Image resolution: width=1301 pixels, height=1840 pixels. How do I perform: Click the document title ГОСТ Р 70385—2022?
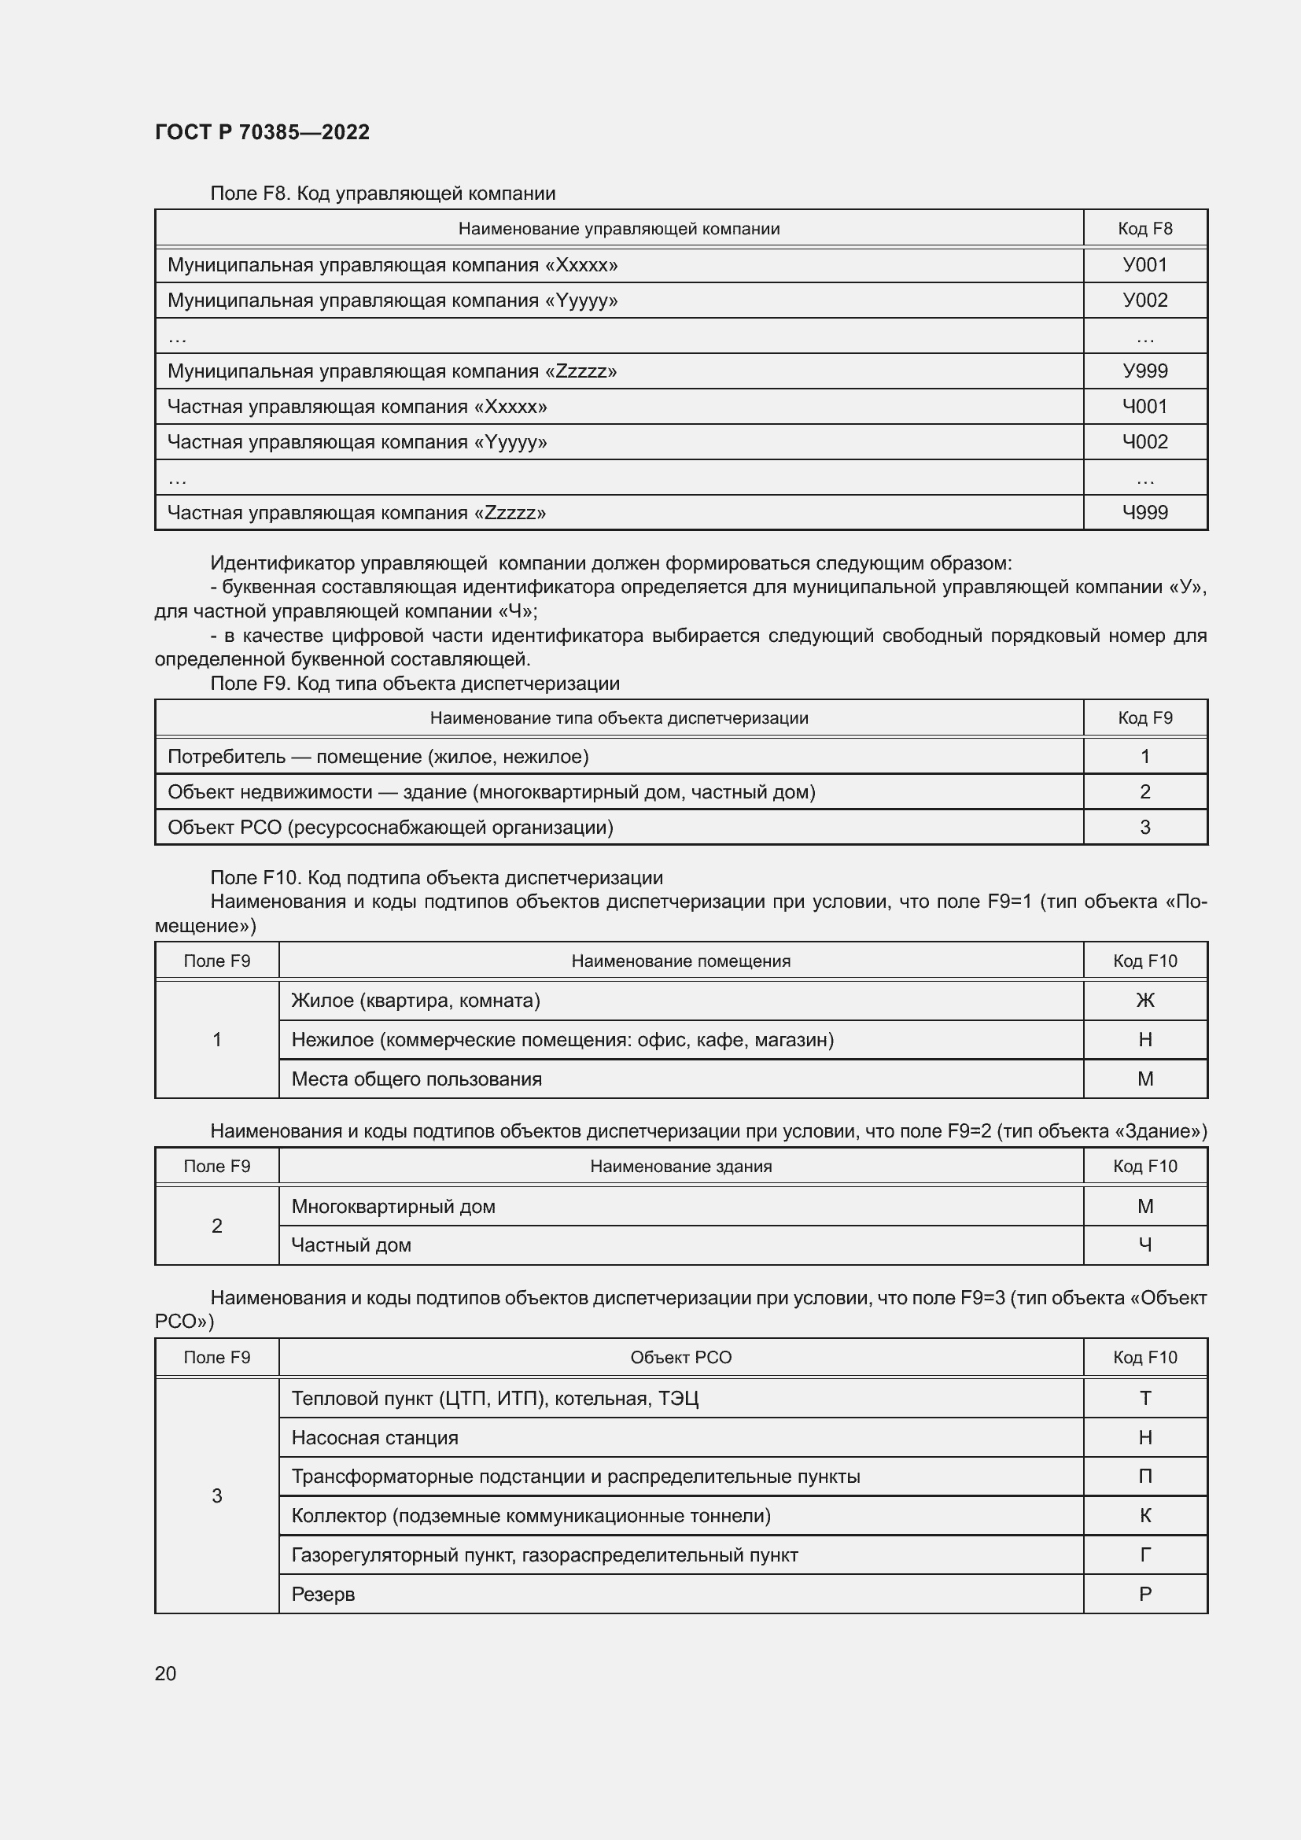[262, 132]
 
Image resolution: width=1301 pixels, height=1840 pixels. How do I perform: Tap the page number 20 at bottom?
[165, 1673]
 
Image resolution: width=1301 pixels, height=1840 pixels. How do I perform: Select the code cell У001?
[1144, 265]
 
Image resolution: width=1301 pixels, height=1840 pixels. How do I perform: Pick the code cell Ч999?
[1144, 513]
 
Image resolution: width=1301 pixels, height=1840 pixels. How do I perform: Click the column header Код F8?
[1144, 229]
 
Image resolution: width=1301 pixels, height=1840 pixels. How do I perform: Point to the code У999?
[1144, 371]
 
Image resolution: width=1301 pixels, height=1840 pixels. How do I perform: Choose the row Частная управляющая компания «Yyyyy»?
[356, 442]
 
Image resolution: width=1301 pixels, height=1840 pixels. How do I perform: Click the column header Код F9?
[1144, 718]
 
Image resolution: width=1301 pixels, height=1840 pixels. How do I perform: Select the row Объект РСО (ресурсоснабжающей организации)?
[390, 827]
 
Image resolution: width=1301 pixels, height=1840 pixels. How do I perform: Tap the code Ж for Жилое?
[1144, 1000]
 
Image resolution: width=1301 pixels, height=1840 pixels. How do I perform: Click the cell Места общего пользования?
[417, 1079]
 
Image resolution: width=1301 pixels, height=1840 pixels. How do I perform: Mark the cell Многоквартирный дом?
[393, 1206]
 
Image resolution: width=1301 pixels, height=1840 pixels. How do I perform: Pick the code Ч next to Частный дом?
[1144, 1244]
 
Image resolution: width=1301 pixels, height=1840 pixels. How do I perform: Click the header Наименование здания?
[681, 1166]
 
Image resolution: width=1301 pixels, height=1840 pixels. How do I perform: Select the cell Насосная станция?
[375, 1438]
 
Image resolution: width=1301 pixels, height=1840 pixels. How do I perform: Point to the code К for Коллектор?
[1144, 1515]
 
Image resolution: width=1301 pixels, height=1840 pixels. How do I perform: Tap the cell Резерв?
[322, 1594]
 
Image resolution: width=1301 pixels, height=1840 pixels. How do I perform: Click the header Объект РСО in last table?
[681, 1358]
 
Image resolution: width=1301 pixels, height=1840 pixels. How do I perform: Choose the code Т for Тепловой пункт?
[1144, 1399]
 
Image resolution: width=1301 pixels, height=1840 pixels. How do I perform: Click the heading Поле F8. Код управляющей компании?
[383, 194]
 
